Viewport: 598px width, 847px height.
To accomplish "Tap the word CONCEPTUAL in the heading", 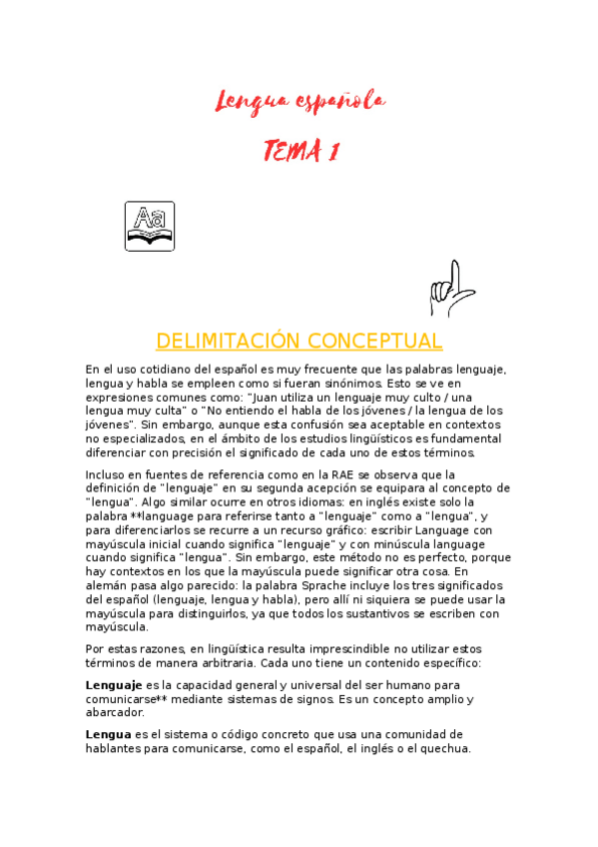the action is click(x=374, y=341).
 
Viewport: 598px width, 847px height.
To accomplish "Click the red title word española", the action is click(x=340, y=100).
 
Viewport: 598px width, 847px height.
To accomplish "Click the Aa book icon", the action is click(x=150, y=226).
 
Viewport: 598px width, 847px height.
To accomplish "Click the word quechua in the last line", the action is click(x=447, y=749).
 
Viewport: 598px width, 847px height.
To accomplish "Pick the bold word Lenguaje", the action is click(x=114, y=685).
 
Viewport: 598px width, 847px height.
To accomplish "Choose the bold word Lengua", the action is click(x=108, y=735).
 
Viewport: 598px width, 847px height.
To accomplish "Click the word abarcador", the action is click(x=115, y=712).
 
